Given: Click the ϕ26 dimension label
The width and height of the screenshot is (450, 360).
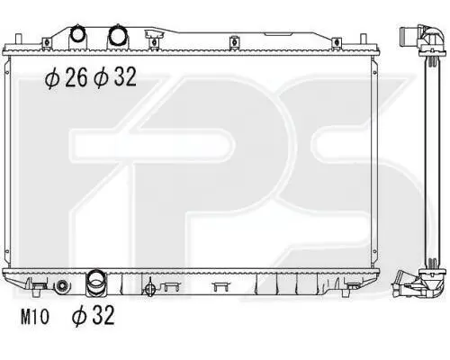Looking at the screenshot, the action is point(67,77).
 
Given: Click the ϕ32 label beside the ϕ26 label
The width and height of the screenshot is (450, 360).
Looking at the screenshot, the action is point(115,77).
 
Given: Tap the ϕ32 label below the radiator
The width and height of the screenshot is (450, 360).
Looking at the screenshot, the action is point(94,315).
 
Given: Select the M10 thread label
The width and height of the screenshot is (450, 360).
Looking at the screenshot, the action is point(34,317).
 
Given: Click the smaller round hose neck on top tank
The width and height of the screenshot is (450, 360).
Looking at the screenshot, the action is point(77,34).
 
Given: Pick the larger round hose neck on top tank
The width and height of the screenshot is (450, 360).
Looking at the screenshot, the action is point(118,34).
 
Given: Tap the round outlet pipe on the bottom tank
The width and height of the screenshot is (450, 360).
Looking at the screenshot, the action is point(95,283).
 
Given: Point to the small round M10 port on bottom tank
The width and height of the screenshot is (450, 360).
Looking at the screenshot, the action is point(62,286).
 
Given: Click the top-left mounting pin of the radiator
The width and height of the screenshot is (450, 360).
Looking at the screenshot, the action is point(18,40).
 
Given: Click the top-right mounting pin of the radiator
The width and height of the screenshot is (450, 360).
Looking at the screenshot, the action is point(363,40).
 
